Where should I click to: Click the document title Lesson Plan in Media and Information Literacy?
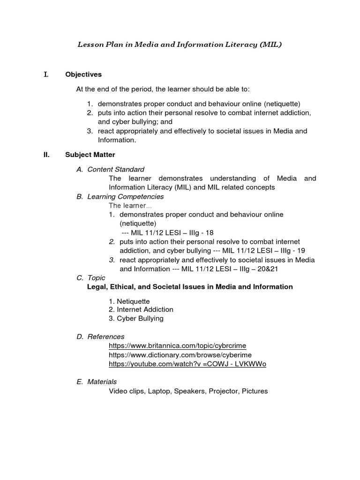180,45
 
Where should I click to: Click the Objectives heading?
83,75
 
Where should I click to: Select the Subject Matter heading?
90,154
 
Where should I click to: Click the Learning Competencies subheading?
126,196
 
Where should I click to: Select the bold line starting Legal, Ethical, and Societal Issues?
190,286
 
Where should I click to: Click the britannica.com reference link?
177,345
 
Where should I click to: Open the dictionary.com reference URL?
180,355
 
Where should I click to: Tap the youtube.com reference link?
187,364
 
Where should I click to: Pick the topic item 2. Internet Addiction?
141,309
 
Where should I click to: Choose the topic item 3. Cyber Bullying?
136,318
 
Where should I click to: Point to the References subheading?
106,337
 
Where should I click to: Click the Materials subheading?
102,382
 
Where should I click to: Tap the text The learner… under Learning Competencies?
130,205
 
